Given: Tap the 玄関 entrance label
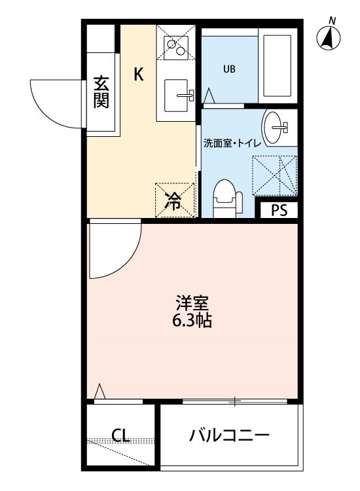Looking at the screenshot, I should [101, 92].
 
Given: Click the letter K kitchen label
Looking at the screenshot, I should [139, 74].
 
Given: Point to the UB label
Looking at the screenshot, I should [229, 69].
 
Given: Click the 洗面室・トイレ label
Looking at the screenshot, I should [232, 143].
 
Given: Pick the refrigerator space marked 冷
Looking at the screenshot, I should [174, 200].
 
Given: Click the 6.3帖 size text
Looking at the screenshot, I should [192, 321].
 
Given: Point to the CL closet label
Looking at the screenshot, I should [119, 435].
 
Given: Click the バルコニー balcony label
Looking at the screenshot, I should [229, 435].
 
